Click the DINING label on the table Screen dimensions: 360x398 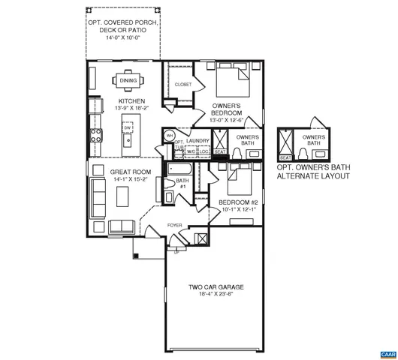click(128, 80)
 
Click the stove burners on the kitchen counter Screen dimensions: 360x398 click(96, 136)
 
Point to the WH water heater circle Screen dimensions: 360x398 click(170, 136)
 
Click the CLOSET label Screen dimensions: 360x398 click(183, 85)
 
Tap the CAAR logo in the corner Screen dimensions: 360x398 click(387, 352)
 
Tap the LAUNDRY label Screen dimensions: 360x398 click(197, 140)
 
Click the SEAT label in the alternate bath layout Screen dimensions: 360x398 click(285, 157)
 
